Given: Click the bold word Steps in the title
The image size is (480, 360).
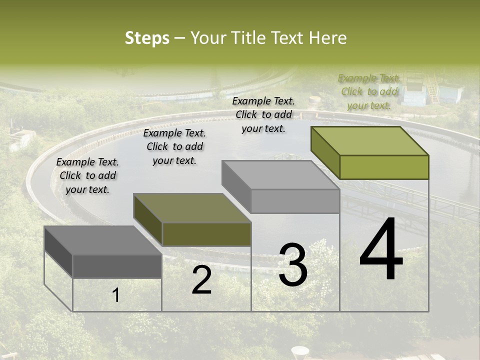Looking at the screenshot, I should [x=147, y=38].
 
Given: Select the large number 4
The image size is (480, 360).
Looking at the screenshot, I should [x=381, y=249].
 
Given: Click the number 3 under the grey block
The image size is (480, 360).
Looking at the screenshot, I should [x=292, y=265].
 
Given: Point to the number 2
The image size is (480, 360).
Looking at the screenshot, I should [x=201, y=280].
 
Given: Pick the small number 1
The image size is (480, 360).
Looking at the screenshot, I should [x=116, y=295].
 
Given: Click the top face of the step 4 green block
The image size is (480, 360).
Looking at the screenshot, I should [x=369, y=140].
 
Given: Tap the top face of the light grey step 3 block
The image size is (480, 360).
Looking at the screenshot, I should [x=280, y=175].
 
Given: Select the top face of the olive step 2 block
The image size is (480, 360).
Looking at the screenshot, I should [x=191, y=208].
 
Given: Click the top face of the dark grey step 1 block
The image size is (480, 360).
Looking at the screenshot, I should [x=102, y=240].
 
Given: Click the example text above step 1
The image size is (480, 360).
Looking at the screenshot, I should [x=87, y=175].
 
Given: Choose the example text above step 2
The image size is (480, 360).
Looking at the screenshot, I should [x=174, y=146].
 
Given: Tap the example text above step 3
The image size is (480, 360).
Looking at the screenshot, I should [x=263, y=114].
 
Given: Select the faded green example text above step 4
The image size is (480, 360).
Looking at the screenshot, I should [x=369, y=91].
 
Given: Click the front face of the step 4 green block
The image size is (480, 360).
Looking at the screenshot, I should [x=384, y=167].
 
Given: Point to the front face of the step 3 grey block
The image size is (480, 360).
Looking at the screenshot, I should [x=295, y=201].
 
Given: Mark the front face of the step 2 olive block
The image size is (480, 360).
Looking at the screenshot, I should [x=206, y=234].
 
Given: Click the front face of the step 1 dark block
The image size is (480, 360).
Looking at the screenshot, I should [x=117, y=266].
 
